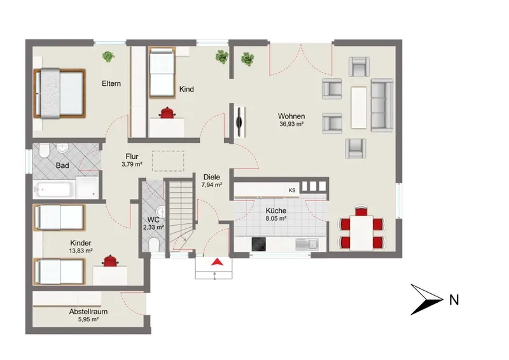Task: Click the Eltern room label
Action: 111,83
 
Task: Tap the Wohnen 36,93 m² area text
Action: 291,123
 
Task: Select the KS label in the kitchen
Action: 292,191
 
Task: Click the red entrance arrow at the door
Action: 217,261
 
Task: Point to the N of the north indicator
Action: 454,300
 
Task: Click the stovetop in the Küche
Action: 259,244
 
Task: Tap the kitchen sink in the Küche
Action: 307,244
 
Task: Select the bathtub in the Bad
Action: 54,190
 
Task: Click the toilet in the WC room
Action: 153,244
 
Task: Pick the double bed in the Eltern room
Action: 59,93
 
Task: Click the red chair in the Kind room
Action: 167,113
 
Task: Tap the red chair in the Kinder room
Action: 109,261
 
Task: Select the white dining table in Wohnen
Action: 361,233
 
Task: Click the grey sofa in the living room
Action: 382,106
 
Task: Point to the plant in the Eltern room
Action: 108,57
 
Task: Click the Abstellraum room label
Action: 88,312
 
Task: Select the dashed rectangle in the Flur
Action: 168,161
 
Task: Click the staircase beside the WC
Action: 181,216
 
